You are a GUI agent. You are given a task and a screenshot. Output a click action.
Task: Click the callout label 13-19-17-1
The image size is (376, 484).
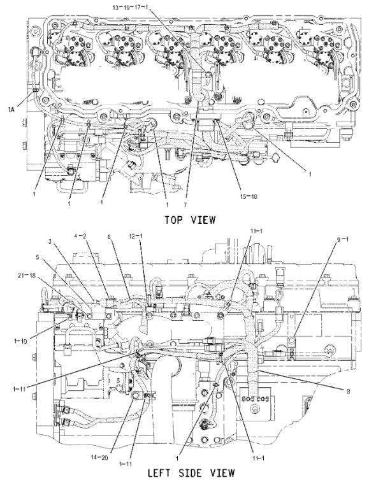[131, 7]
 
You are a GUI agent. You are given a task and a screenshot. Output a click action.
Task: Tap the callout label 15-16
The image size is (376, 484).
[248, 196]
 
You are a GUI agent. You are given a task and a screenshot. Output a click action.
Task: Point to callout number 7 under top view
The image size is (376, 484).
[185, 204]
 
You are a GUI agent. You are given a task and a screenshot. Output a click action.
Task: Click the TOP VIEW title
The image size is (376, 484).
[190, 220]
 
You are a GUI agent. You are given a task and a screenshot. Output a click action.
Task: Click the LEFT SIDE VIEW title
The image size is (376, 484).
[191, 473]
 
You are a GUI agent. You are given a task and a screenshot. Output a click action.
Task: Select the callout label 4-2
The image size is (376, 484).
[80, 236]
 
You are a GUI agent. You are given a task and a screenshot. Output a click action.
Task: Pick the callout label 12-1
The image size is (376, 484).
[136, 236]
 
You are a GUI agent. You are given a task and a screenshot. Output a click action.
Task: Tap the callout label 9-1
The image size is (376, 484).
[342, 239]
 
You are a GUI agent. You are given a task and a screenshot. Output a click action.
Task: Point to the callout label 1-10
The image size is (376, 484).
[20, 341]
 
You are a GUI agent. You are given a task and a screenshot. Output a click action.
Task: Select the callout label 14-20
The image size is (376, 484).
[99, 457]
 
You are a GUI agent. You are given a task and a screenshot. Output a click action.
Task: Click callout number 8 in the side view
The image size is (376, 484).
[348, 392]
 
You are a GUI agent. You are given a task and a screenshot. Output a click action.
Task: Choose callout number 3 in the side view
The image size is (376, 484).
[50, 242]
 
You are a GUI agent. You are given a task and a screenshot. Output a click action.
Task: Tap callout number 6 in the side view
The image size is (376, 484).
[109, 237]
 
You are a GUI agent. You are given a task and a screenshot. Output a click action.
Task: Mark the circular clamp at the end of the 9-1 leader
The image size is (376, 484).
[291, 341]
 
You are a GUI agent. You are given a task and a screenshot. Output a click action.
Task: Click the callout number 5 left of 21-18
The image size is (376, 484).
[38, 257]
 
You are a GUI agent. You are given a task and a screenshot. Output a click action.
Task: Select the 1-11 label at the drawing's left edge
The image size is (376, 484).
[19, 389]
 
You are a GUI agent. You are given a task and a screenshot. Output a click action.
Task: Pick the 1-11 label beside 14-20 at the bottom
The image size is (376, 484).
[126, 464]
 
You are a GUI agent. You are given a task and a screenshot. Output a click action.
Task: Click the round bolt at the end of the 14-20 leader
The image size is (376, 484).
[135, 395]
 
